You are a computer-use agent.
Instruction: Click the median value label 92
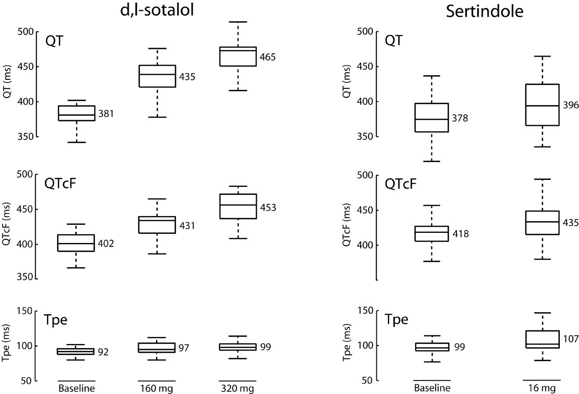coord(104,352)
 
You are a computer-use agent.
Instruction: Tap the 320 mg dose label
coord(238,388)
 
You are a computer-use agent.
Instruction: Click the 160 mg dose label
coord(157,388)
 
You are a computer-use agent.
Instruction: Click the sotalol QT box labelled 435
coord(157,76)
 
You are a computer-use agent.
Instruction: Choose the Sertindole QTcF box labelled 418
coord(432,233)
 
